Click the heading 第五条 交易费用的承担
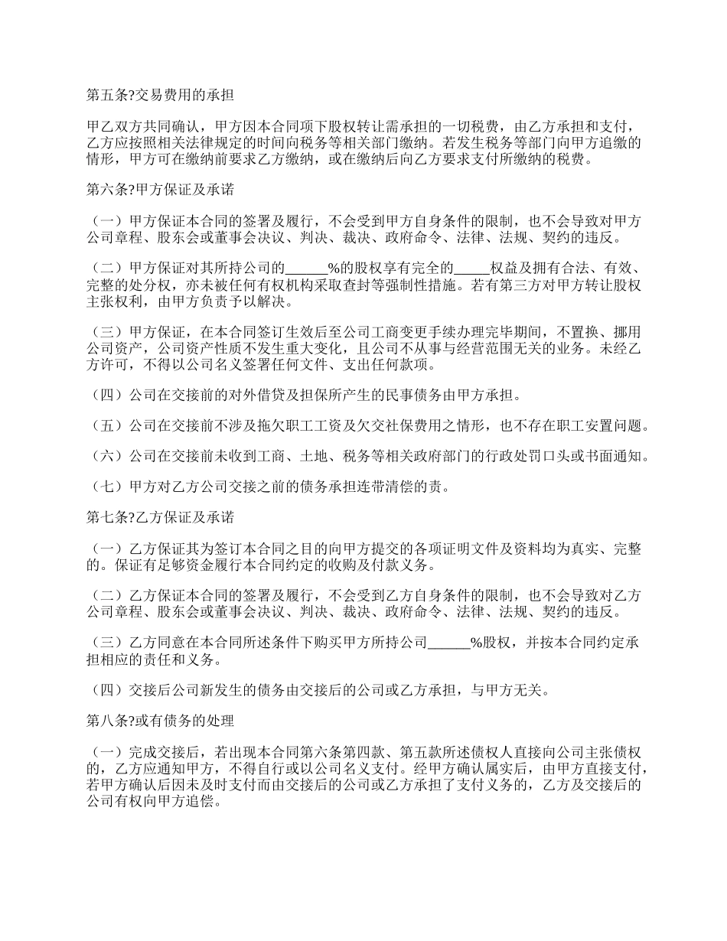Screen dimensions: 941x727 coord(160,96)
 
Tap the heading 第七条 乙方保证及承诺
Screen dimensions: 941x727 coord(160,518)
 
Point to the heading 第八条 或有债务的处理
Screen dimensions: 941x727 coord(160,720)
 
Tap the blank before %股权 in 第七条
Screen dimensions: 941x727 coord(448,643)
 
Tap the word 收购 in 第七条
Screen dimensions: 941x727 coord(348,566)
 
